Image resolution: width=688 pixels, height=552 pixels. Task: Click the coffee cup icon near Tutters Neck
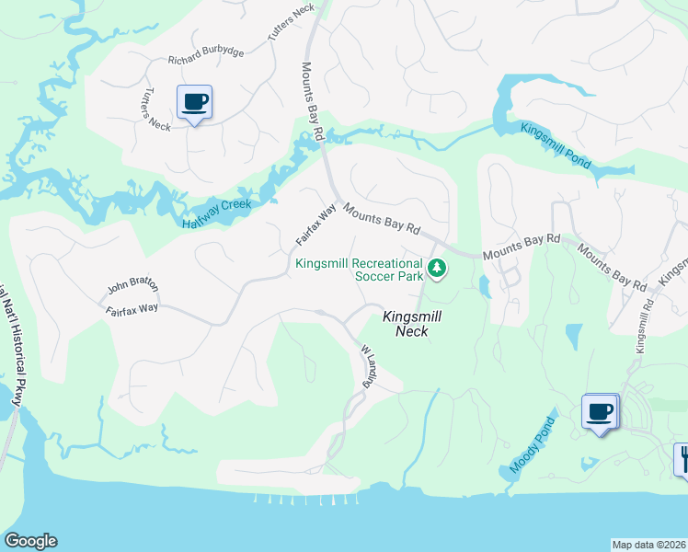tap(194, 101)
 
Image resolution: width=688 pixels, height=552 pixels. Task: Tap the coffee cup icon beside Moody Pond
tap(600, 411)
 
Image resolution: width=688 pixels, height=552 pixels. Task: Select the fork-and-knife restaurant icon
tap(683, 458)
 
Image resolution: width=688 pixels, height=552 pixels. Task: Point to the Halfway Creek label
tap(216, 212)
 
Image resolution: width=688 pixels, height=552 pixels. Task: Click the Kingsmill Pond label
tap(554, 144)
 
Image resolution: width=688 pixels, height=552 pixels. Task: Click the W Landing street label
tap(369, 366)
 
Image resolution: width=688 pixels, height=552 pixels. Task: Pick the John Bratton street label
tap(132, 286)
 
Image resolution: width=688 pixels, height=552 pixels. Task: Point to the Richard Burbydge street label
tap(206, 57)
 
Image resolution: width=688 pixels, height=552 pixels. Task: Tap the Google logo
tap(29, 541)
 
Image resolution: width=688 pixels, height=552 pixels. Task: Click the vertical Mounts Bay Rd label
tap(311, 101)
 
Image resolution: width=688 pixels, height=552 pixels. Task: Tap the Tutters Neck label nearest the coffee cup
tap(155, 109)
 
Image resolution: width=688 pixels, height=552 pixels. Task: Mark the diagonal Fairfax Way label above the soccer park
tap(315, 224)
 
